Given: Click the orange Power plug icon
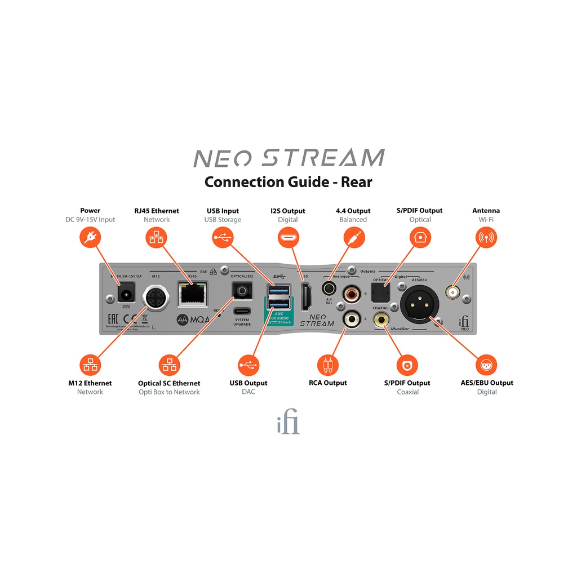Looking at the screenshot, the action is pos(90,238).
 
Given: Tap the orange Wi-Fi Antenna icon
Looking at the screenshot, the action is pos(486,238).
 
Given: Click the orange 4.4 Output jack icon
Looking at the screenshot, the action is pos(353,238).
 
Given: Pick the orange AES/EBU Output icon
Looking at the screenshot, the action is pos(486,365).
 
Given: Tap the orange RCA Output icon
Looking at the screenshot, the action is pos(327,365).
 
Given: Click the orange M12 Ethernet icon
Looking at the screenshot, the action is pos(90,365).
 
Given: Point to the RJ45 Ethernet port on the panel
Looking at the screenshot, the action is pos(192,294).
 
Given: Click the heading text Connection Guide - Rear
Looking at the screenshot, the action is pos(288,182).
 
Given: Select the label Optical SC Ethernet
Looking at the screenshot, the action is pos(169,383).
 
